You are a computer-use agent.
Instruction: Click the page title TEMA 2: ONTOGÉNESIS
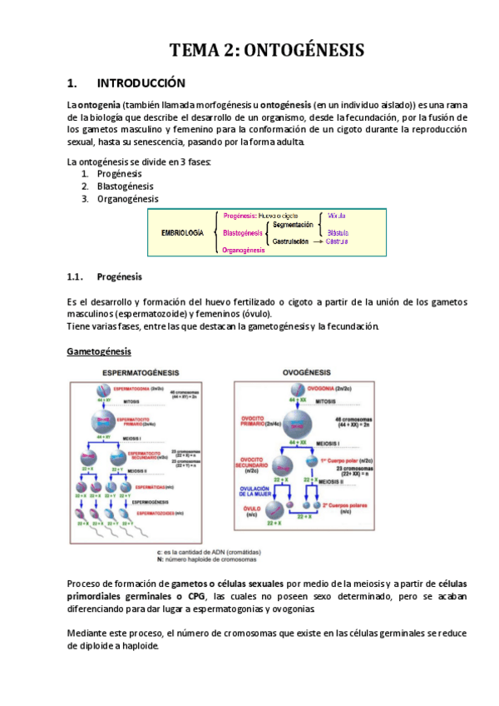pos(267,50)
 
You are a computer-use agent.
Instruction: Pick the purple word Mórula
pos(337,216)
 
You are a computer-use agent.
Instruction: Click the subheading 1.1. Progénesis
pos(119,276)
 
